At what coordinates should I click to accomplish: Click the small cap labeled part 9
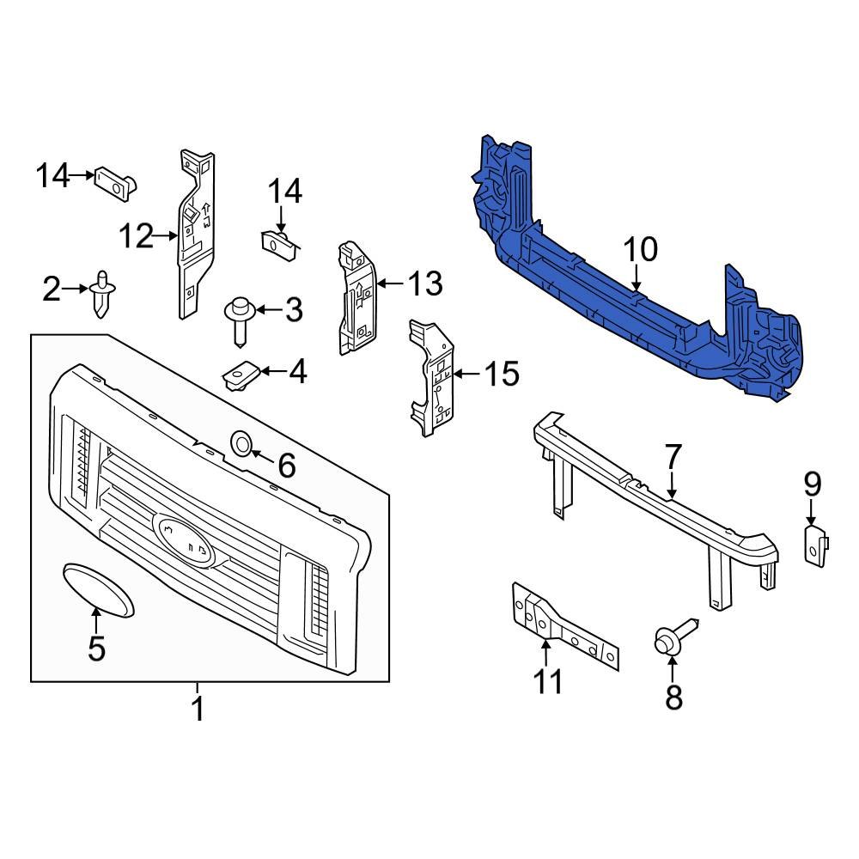[x=813, y=544]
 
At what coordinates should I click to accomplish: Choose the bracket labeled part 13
[x=356, y=296]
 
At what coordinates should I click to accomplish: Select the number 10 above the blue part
[x=640, y=250]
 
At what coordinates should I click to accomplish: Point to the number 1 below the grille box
[x=198, y=710]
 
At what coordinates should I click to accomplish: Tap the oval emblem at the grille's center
[x=184, y=539]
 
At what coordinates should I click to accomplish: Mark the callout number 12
[x=136, y=235]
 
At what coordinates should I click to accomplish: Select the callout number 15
[x=502, y=374]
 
